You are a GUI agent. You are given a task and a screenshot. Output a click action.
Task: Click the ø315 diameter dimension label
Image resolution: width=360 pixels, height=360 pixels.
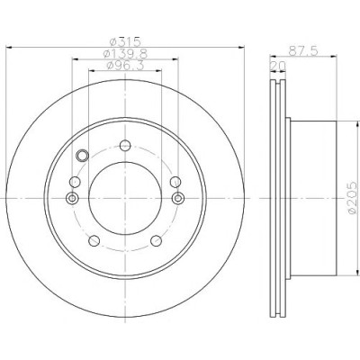[125, 41]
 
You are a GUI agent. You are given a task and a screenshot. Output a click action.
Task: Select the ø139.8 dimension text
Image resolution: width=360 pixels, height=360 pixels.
[125, 54]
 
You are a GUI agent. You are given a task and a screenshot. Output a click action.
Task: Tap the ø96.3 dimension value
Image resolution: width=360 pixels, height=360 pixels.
[125, 65]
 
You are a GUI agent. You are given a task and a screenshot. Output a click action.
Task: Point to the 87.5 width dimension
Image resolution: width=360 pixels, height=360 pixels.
[303, 50]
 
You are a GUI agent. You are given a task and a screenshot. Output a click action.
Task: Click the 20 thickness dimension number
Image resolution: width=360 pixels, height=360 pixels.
[278, 66]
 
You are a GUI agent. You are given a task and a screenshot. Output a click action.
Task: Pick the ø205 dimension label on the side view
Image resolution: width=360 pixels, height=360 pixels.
[354, 198]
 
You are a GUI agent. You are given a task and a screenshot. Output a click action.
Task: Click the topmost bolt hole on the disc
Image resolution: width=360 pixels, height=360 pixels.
[125, 146]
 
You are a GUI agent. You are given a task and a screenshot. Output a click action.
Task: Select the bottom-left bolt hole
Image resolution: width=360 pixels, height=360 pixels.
[94, 240]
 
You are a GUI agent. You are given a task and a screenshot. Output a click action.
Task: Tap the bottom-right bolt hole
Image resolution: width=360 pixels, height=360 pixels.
[156, 240]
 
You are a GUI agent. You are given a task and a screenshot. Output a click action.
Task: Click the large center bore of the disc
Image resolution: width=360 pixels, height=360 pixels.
[125, 198]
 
